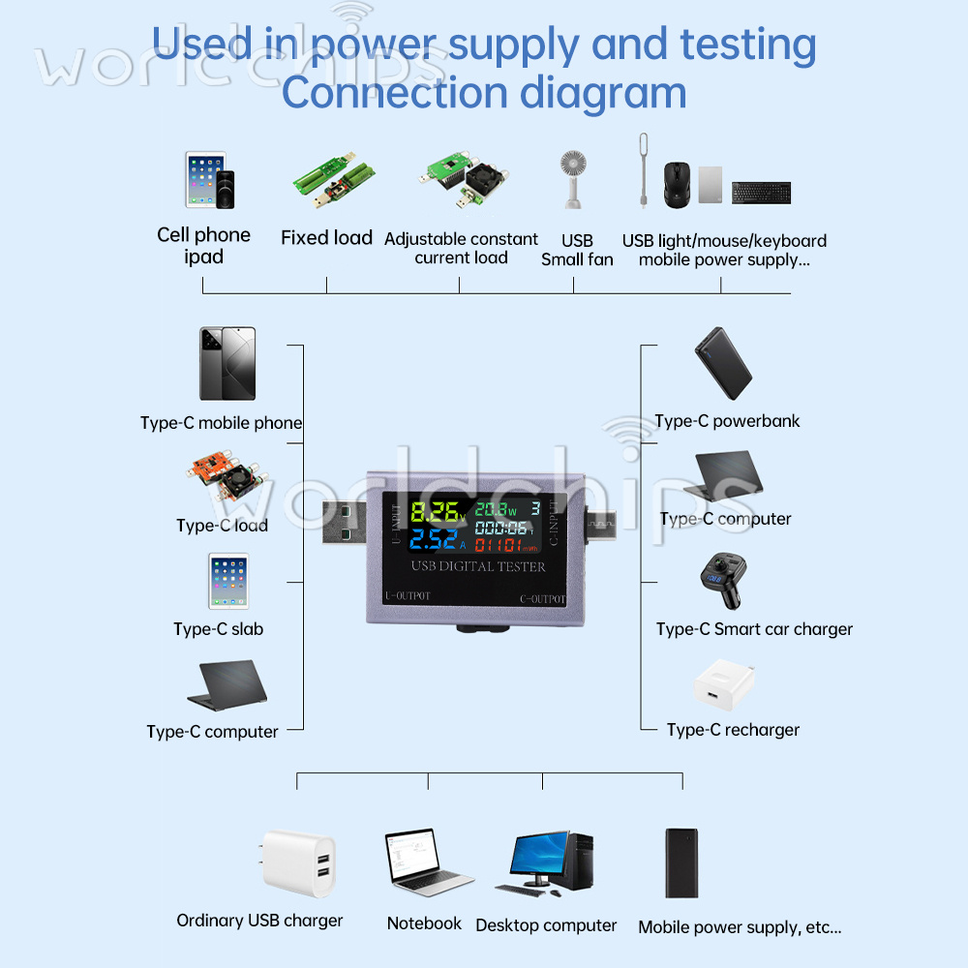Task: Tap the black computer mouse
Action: tap(677, 184)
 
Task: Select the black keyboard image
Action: tap(761, 193)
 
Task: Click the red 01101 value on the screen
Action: tap(499, 544)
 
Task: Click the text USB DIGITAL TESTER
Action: tap(478, 566)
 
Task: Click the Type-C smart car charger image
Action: tap(719, 582)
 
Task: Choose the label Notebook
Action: tap(424, 923)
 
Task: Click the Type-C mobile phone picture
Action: tap(227, 364)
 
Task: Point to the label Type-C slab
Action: tap(218, 629)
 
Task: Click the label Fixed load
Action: tap(326, 238)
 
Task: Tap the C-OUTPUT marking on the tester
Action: tap(542, 598)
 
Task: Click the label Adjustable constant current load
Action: tap(461, 248)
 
